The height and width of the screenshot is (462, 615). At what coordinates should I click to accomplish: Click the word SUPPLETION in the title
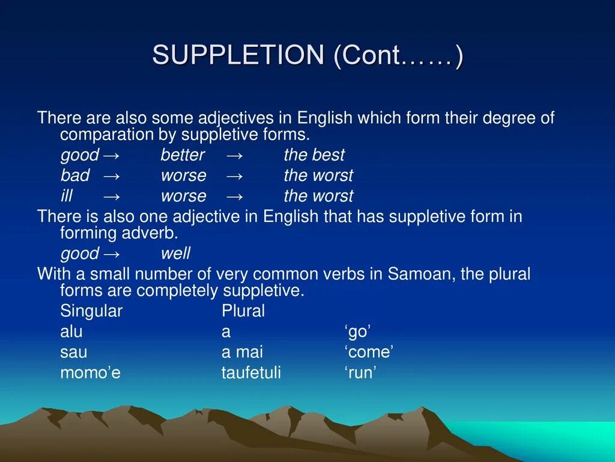(238, 56)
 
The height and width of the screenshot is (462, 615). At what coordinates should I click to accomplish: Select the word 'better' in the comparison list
(183, 155)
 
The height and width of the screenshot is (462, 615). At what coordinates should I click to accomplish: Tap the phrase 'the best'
(314, 155)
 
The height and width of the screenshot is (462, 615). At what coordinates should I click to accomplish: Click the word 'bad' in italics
(75, 176)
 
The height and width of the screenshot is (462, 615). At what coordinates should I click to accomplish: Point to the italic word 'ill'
(66, 196)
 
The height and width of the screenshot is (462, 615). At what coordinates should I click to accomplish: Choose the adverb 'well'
(175, 253)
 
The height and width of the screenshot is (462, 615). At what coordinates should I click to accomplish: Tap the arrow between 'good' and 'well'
(111, 253)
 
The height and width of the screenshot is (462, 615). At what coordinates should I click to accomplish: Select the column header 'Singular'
(91, 311)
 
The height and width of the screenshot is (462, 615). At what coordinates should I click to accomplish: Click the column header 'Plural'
(243, 311)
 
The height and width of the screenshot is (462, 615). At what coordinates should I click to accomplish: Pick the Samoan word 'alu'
(71, 332)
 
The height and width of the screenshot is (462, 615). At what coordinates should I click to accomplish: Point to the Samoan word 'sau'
(73, 353)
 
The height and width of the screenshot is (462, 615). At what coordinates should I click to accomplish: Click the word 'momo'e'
(90, 373)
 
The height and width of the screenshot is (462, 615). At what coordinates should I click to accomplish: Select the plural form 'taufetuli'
(251, 373)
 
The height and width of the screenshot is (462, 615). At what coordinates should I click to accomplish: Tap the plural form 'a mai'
(242, 353)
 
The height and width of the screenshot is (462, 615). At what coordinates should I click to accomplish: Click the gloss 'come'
(369, 353)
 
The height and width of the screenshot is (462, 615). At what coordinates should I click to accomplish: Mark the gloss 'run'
(360, 373)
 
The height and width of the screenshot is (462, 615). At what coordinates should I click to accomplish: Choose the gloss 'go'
(358, 332)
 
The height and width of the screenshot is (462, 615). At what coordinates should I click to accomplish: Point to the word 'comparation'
(108, 134)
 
